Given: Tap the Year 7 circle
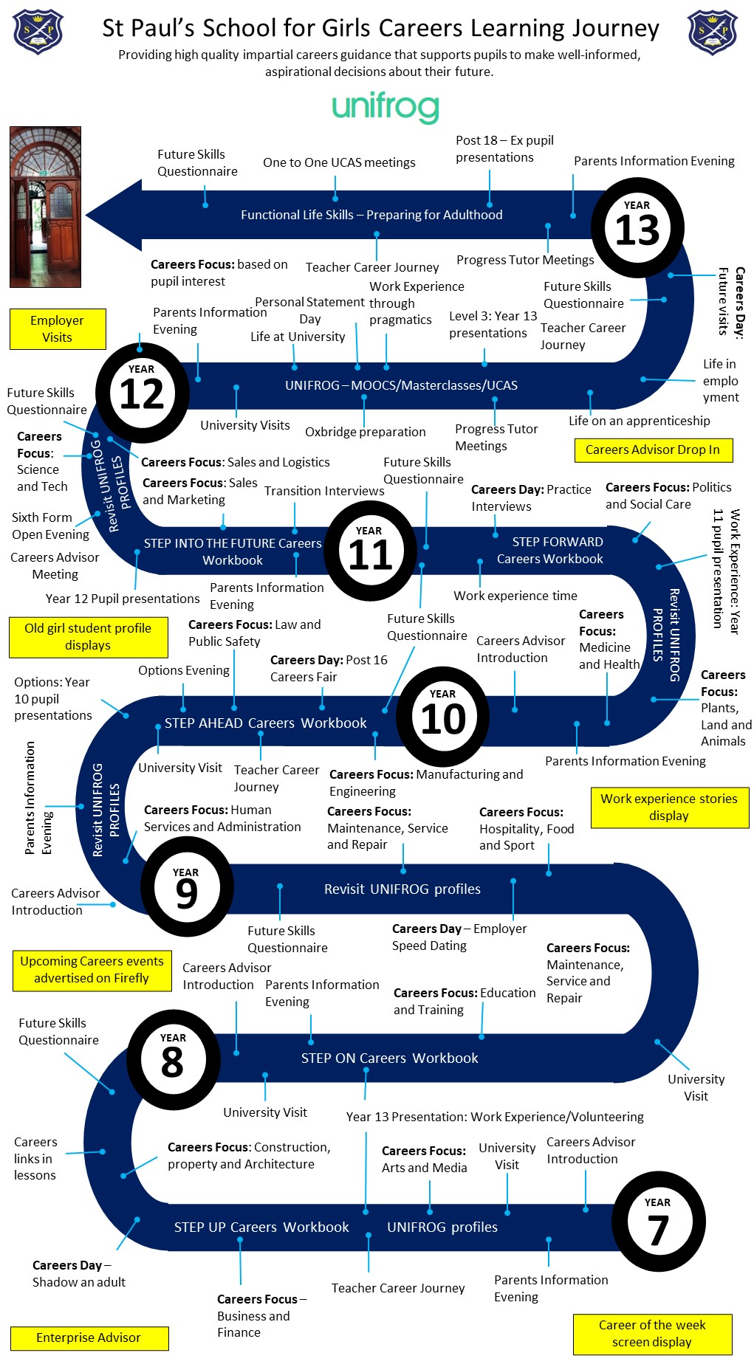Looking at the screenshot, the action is coord(659,1222).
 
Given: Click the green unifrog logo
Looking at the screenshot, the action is coord(385,108).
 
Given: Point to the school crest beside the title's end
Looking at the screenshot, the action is coord(713,32).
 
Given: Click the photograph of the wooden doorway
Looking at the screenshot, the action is coord(46,207).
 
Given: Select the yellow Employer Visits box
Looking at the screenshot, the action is coord(58,328).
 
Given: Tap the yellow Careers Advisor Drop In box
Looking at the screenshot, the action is coord(654,450).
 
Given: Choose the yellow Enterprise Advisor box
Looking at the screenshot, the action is coord(89,1338).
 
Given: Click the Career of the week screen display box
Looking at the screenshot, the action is coord(653,1335).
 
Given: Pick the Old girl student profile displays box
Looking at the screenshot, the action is coord(88,637).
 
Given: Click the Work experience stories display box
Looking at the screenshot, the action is coord(670,808).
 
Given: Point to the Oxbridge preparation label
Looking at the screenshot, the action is coord(366,432).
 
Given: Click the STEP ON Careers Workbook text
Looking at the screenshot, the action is coord(390,1058).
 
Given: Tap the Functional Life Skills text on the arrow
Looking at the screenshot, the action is coord(371,215).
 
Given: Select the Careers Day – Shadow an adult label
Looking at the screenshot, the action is coord(78,1274).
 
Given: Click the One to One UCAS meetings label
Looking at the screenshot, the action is coord(339,162).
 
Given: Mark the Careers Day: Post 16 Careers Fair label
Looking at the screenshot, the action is coord(329,669).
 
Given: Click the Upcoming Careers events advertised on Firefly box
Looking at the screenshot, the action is coord(92,971).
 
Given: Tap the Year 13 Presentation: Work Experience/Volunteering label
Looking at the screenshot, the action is coord(495,1117).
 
